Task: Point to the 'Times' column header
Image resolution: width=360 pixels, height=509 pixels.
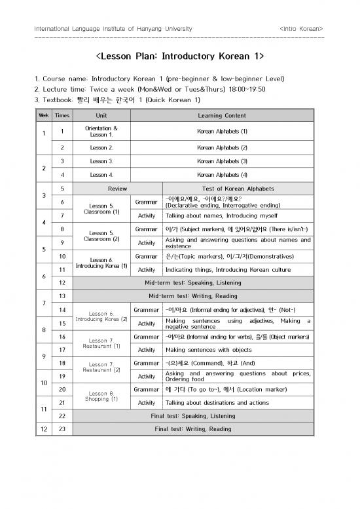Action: [61, 115]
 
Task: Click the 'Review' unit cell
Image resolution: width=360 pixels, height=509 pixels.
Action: [117, 188]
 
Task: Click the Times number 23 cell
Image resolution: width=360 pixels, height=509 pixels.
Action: [61, 429]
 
